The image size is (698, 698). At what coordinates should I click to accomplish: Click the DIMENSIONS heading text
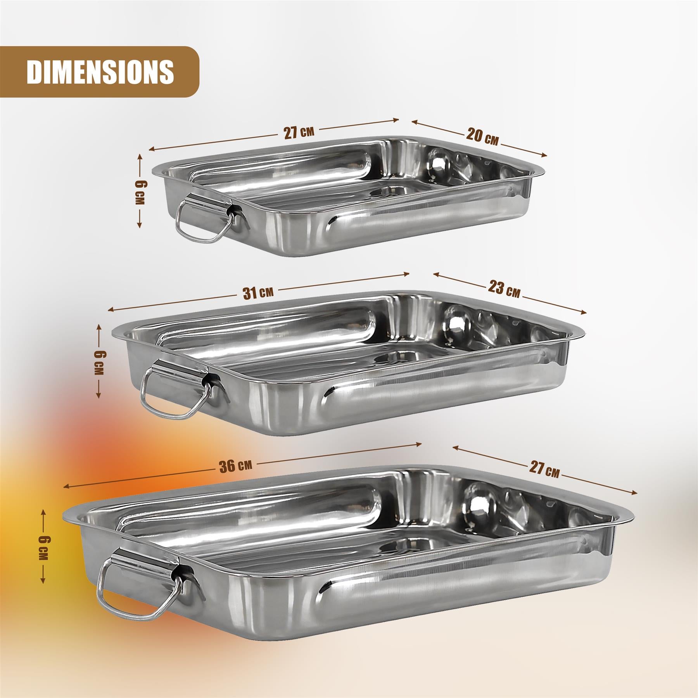click(x=100, y=72)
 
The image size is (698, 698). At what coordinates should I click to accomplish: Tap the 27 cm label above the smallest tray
click(x=299, y=133)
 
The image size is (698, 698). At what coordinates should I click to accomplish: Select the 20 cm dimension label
click(x=482, y=137)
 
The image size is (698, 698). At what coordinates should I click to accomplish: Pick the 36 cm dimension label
click(x=236, y=465)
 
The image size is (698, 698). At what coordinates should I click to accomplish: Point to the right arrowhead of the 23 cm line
click(x=584, y=313)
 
